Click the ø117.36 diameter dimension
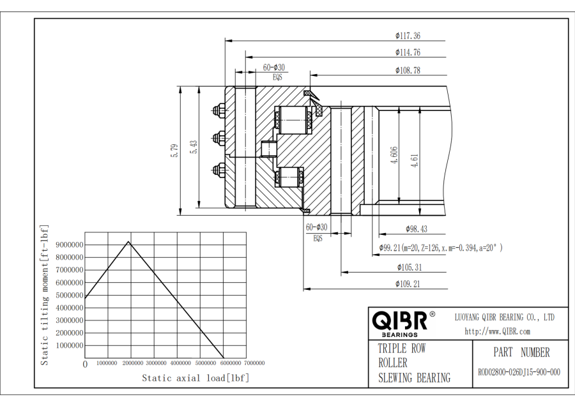(408, 36)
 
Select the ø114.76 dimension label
(408, 52)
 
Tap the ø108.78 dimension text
(408, 70)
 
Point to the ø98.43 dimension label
(416, 229)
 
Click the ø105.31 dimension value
(409, 267)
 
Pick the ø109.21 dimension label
(408, 284)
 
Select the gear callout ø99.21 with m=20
(440, 247)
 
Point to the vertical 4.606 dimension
(395, 155)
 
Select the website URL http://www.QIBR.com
(497, 331)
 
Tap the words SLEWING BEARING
(413, 378)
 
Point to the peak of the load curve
(129, 241)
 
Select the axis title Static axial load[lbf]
(195, 378)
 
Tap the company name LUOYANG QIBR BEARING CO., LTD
(504, 317)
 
